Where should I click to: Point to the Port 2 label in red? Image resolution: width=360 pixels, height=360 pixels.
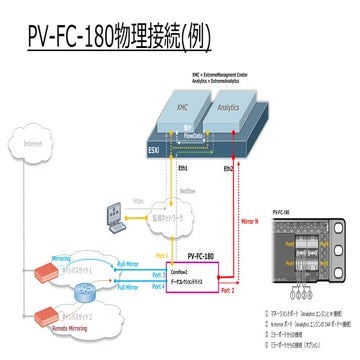226,291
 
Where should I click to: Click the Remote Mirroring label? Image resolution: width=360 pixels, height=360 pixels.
75,327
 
